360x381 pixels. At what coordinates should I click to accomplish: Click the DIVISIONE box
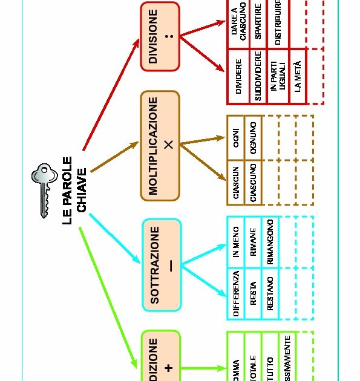tap(160, 36)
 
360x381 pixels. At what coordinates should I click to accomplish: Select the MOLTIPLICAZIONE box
tap(160, 145)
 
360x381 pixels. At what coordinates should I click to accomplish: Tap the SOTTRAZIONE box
tap(161, 264)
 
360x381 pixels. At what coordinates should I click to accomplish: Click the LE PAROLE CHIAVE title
tap(75, 191)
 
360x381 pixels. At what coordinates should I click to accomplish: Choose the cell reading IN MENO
tap(236, 239)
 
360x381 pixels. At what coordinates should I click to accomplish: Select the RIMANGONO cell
tap(270, 239)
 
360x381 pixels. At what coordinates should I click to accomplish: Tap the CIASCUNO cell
tap(253, 182)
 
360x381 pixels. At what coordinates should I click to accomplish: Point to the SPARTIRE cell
tap(258, 24)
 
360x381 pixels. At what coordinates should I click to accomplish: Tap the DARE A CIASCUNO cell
tap(238, 24)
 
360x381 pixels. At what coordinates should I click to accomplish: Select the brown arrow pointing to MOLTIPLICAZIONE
tap(115, 158)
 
